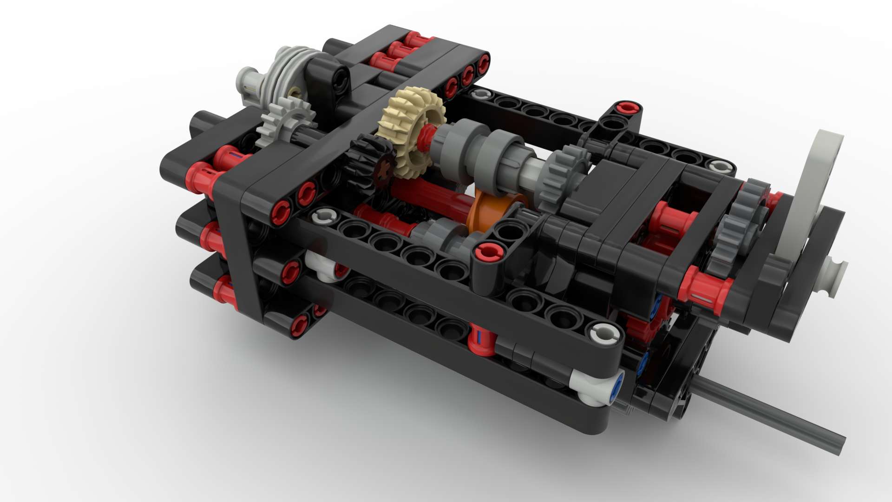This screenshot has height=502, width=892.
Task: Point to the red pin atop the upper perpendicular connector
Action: click(x=627, y=108)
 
